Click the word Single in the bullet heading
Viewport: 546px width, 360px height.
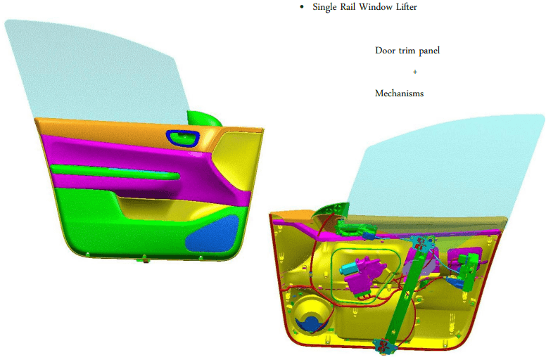point(324,7)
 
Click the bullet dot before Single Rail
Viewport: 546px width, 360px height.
point(302,7)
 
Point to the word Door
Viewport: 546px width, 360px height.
point(385,51)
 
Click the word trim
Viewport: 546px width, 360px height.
point(407,51)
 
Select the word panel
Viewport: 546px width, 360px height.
point(429,51)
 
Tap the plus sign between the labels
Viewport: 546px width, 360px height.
point(414,72)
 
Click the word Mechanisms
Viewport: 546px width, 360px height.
point(400,94)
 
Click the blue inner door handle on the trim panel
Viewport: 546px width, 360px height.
point(182,137)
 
